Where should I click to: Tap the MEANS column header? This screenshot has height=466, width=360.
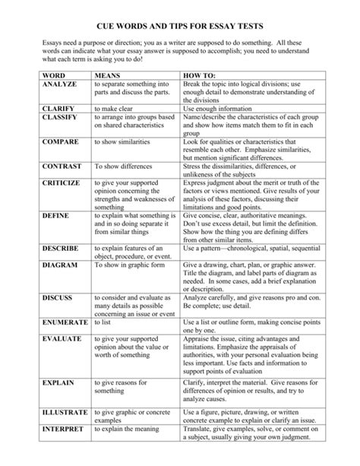pyautogui.click(x=107, y=77)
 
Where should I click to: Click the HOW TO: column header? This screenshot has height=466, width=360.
pyautogui.click(x=199, y=77)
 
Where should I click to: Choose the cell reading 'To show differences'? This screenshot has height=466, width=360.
pyautogui.click(x=123, y=165)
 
